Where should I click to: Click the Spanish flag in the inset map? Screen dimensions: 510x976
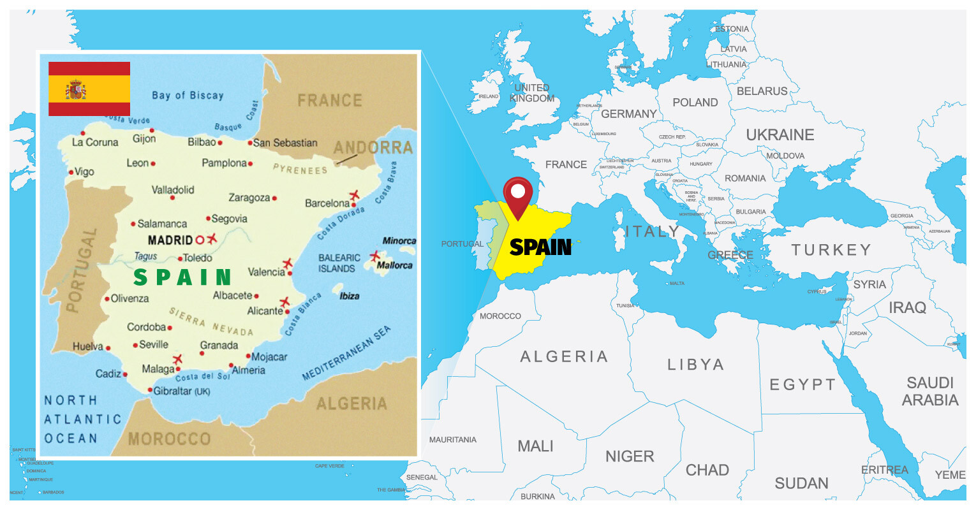89,89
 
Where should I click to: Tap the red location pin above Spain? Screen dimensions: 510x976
517,194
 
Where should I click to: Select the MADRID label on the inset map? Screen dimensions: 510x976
170,240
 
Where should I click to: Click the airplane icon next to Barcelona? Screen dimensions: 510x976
353,195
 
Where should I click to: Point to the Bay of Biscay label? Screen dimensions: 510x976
188,96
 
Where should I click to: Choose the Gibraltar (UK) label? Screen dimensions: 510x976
182,391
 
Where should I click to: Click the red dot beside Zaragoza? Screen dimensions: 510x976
274,198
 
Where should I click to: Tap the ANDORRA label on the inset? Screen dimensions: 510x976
373,148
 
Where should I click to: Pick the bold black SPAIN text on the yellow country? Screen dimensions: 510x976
540,247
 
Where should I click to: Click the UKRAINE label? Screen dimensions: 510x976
780,135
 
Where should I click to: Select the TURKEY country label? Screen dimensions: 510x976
831,250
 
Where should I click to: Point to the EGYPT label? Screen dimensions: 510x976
802,384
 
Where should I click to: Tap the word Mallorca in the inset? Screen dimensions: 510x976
394,265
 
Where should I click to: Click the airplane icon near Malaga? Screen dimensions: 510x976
177,359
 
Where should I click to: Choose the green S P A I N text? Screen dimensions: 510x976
182,277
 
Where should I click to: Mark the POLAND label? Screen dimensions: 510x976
695,103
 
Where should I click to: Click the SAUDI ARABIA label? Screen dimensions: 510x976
930,391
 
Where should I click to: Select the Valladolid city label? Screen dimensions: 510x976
173,190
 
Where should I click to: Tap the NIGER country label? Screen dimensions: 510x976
630,456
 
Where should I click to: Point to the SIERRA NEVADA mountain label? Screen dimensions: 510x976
211,321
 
